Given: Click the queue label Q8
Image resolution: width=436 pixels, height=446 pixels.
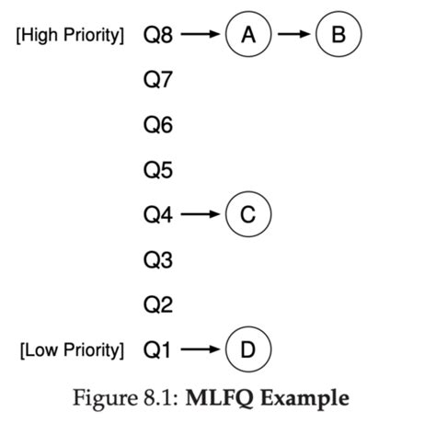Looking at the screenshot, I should tap(158, 36).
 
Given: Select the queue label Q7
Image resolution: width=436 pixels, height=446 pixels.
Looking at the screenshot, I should tap(158, 81).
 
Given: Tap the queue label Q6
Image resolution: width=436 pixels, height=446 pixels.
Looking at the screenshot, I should tap(158, 126).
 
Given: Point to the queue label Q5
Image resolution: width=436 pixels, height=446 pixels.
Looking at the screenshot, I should tap(158, 171).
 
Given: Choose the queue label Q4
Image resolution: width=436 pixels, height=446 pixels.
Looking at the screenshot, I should tap(158, 215).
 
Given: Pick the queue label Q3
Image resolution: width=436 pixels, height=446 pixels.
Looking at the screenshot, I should tap(158, 260).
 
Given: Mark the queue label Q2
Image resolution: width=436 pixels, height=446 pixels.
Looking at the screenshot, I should tap(158, 304).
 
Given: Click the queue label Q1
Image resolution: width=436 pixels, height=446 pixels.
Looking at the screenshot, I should tap(158, 349).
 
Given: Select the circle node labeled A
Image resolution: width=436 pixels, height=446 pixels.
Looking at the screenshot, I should tap(247, 35).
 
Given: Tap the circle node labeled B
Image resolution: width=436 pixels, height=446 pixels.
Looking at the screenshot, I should tap(338, 35).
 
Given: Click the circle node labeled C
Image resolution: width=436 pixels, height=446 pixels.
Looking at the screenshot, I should tap(247, 215).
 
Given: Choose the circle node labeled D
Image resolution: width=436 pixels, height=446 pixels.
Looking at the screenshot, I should tap(247, 349).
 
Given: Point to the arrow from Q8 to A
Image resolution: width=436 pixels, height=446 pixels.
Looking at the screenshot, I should tap(201, 36).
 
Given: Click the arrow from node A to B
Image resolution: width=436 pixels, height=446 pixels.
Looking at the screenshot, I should tap(293, 36).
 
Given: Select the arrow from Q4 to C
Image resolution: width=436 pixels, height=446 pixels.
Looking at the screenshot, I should tap(201, 215).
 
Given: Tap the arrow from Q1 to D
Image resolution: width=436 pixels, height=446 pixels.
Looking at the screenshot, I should tap(201, 349).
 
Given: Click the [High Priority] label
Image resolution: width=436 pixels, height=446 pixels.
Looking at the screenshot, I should tap(70, 37).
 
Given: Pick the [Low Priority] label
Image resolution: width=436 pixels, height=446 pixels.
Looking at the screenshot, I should tap(72, 350).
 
